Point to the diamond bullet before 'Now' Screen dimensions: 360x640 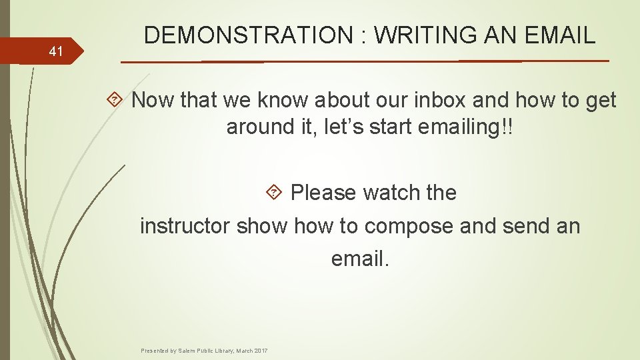click(114, 101)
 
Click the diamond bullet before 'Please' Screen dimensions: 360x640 click(273, 193)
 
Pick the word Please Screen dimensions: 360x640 click(324, 193)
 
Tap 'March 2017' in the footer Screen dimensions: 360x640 click(251, 351)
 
